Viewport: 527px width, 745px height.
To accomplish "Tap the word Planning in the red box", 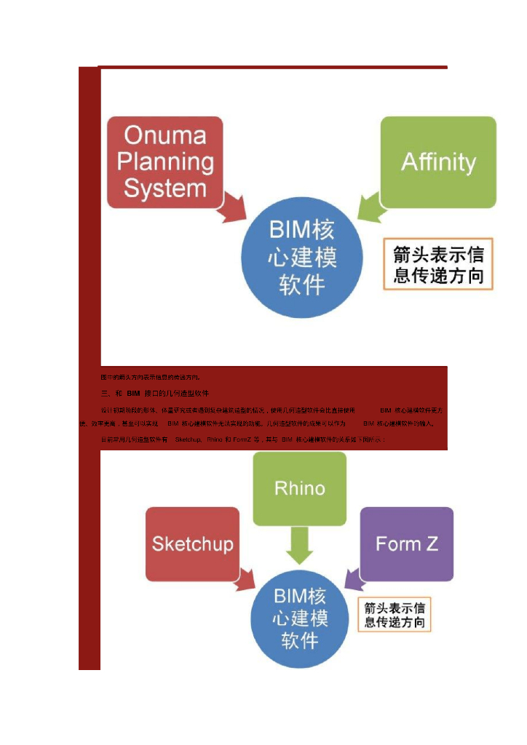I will [165, 162].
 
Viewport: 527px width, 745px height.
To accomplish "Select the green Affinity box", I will [438, 162].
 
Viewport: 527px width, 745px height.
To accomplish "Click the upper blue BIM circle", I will [302, 258].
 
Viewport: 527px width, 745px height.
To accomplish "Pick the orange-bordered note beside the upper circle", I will [438, 264].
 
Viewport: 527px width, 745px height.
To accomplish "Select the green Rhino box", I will [299, 488].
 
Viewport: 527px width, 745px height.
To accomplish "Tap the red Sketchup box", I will [192, 543].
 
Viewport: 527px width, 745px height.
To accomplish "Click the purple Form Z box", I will [407, 543].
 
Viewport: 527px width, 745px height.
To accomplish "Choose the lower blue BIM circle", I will [300, 618].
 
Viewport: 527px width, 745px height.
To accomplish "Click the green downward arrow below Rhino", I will [299, 546].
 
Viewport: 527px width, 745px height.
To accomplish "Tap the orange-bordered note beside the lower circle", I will [395, 615].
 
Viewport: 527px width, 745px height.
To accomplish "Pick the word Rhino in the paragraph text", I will [215, 439].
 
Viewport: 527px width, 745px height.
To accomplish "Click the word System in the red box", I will [165, 189].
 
